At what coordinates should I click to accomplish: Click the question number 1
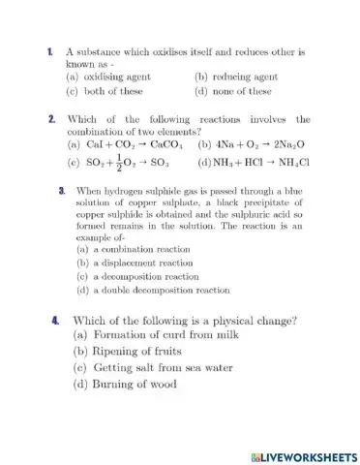point(48,49)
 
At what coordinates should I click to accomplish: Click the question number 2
point(49,119)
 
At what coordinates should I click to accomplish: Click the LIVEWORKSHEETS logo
point(304,455)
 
